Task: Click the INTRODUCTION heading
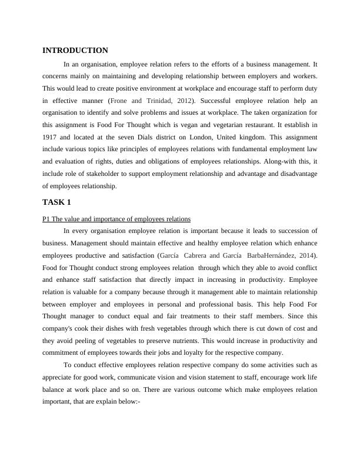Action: (x=75, y=51)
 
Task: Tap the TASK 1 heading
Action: (x=56, y=203)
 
